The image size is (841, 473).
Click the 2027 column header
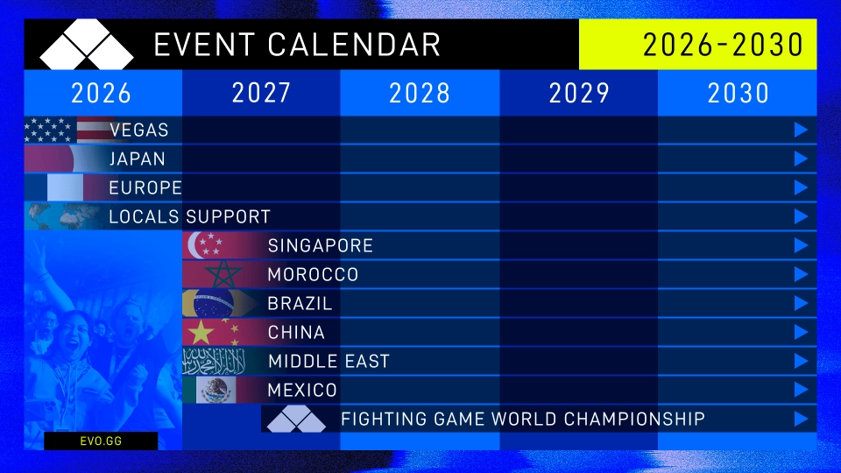pos(261,93)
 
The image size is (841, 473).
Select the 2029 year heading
pos(578,93)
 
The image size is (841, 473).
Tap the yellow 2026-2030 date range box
pos(697,45)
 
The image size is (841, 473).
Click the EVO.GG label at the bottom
pos(101,441)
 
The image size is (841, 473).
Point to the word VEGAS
pos(139,131)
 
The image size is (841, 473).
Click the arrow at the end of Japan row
pos(800,159)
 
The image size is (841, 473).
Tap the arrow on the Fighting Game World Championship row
pos(800,419)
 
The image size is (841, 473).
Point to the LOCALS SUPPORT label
pos(189,216)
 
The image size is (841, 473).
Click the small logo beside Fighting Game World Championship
pos(296,420)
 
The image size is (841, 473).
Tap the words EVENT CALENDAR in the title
pos(297,45)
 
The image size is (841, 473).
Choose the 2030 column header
pos(738,93)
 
